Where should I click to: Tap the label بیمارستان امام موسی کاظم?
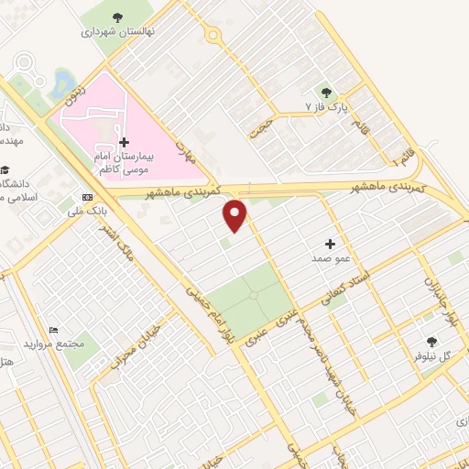tap(124, 164)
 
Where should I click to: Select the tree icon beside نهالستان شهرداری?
tap(117, 17)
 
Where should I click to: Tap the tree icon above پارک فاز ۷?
tap(325, 92)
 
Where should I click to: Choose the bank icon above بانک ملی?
tap(88, 197)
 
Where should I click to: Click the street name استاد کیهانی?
tap(345, 285)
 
